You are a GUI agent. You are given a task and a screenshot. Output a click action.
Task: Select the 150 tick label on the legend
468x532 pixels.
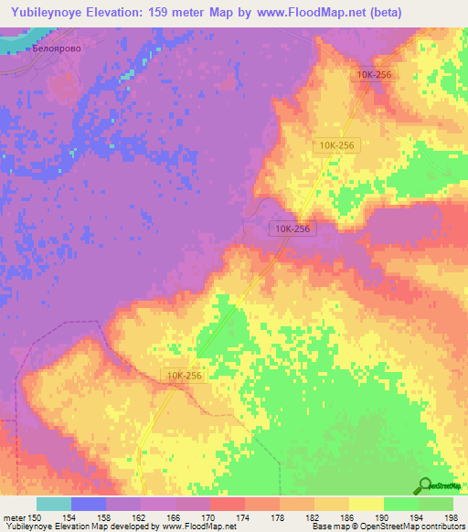pyautogui.click(x=37, y=516)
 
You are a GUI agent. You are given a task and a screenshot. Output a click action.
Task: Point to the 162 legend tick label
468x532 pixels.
pyautogui.click(x=141, y=516)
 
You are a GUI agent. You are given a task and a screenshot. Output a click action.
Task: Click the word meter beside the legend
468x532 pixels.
pyautogui.click(x=13, y=516)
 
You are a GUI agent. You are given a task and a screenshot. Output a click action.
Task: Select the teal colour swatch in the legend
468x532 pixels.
pyautogui.click(x=54, y=504)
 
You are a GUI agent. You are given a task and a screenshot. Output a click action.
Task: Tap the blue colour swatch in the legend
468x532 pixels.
pyautogui.click(x=89, y=504)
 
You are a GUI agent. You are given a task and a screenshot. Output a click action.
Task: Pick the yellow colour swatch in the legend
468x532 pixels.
pyautogui.click(x=367, y=504)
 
